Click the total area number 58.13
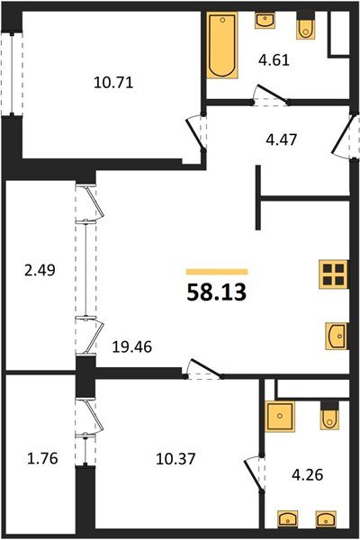(x=216, y=292)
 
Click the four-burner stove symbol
(x=333, y=274)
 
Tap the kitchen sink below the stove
(x=335, y=336)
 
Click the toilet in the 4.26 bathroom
(x=329, y=417)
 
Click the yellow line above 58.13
(x=216, y=271)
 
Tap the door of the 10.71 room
(x=197, y=133)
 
